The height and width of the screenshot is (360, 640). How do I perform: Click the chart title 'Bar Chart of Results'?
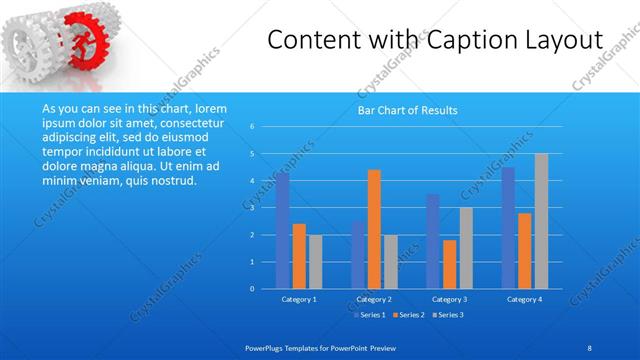pyautogui.click(x=407, y=110)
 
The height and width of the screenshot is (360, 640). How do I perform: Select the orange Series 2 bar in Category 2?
pyautogui.click(x=374, y=229)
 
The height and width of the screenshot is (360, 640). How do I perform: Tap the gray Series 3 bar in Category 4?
pyautogui.click(x=541, y=221)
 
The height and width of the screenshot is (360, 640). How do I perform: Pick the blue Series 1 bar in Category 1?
pyautogui.click(x=283, y=230)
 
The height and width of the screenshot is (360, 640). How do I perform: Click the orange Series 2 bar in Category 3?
pyautogui.click(x=449, y=264)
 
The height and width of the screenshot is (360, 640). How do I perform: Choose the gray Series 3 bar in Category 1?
pyautogui.click(x=315, y=261)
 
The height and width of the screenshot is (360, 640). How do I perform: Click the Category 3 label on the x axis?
pyautogui.click(x=449, y=299)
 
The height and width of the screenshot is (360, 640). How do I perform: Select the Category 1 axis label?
pyautogui.click(x=299, y=299)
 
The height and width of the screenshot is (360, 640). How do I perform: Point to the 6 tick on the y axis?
pyautogui.click(x=253, y=127)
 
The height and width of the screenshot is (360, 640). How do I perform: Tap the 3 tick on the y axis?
pyautogui.click(x=253, y=208)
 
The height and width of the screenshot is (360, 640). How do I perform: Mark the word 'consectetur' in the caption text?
pyautogui.click(x=176, y=120)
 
